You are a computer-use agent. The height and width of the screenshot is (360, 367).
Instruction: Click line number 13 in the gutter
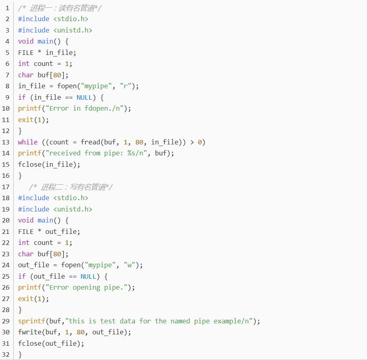click(6, 142)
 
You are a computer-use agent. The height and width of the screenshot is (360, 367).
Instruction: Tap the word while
click(28, 142)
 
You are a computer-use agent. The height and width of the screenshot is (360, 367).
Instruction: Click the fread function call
click(90, 142)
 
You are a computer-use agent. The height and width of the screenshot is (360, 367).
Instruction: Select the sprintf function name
click(32, 321)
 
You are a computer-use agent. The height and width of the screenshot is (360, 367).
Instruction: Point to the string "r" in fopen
click(126, 86)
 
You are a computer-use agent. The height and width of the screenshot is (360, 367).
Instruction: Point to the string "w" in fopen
click(129, 265)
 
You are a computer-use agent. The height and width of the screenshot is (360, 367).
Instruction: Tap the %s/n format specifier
click(135, 153)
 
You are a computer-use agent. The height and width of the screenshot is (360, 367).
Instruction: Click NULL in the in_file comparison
click(84, 97)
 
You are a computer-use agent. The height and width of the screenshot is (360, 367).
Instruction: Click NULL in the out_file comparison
click(88, 276)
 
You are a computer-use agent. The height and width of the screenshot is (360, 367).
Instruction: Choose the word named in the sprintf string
click(180, 321)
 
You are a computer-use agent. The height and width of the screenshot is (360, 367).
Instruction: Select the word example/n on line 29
click(231, 321)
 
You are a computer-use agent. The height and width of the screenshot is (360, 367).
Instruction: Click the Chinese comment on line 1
click(60, 8)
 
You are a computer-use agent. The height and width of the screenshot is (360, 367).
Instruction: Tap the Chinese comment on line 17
click(71, 187)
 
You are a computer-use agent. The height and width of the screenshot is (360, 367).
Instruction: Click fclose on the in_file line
click(30, 164)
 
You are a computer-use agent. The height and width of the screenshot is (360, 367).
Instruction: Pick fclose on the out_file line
click(30, 343)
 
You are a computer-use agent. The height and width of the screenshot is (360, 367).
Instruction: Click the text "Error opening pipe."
click(87, 288)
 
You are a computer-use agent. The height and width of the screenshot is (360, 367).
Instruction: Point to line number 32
click(6, 355)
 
